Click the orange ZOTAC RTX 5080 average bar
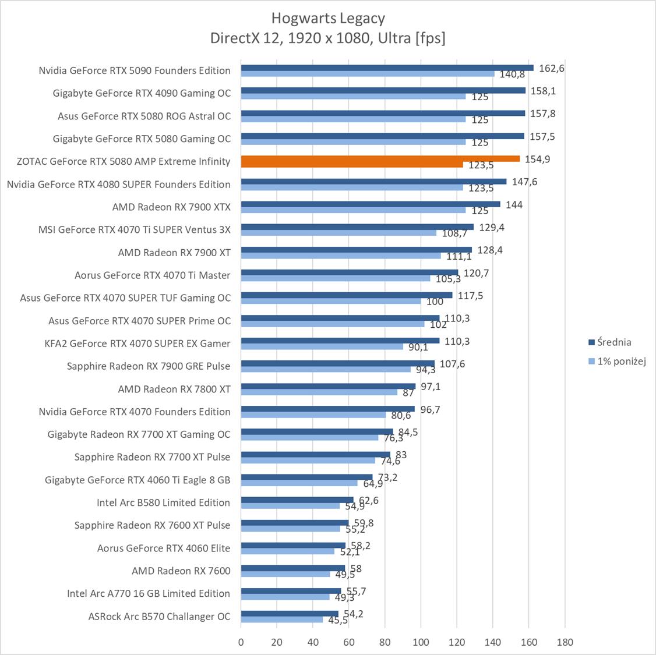[380, 158]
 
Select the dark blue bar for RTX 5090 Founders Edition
[387, 68]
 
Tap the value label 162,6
[552, 68]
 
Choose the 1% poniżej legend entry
[622, 362]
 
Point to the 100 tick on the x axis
[421, 642]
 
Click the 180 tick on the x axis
[565, 642]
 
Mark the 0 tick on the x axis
[241, 642]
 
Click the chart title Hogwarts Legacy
[328, 19]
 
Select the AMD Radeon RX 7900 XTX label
[171, 207]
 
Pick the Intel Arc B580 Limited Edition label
[163, 502]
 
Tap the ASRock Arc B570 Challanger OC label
[159, 616]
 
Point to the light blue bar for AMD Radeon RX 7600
[285, 574]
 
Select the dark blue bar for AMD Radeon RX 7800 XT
[328, 386]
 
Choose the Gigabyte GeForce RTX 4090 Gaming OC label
[142, 93]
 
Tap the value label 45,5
[337, 620]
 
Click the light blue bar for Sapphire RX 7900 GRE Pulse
[326, 369]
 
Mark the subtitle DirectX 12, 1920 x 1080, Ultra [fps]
[328, 38]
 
